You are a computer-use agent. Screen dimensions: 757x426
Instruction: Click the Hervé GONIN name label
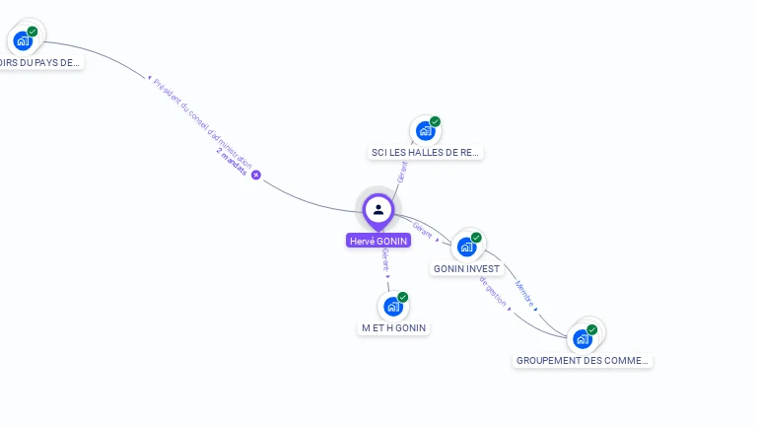point(378,241)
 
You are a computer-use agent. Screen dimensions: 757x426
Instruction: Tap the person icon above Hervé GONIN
point(378,209)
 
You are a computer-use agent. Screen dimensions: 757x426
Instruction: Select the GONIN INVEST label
point(466,269)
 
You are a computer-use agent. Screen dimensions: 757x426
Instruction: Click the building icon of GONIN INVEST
point(466,246)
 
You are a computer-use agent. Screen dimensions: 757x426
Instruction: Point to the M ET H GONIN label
point(394,328)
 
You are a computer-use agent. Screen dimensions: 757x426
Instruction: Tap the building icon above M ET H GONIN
point(392,306)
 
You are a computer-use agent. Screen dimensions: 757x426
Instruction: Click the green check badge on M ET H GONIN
point(403,297)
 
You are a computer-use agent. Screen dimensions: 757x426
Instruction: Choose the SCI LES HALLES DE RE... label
point(426,153)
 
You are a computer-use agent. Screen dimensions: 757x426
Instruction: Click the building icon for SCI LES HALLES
point(425,130)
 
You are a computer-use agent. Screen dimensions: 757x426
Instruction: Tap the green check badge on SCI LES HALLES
point(436,121)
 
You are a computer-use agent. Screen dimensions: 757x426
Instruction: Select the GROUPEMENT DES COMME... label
point(583,361)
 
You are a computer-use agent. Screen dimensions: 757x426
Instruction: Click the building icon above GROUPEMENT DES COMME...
point(582,338)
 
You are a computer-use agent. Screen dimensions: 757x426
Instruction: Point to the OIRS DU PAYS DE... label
point(39,63)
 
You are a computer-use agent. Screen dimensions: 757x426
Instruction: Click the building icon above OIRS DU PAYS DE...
point(22,40)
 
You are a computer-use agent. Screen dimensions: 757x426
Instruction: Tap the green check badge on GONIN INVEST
point(477,238)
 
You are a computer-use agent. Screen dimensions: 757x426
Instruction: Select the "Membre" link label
point(524,294)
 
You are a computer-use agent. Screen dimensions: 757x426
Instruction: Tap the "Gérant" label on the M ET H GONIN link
point(385,259)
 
